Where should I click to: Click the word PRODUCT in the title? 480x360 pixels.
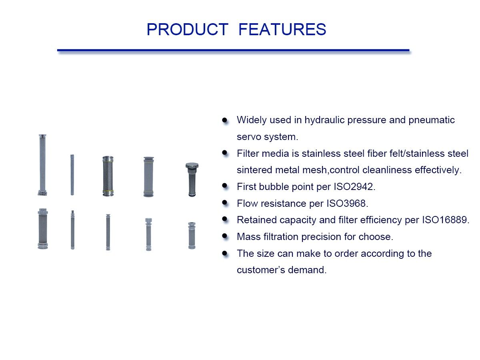(187, 30)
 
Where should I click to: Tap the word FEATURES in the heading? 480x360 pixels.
(282, 30)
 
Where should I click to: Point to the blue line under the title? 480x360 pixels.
(233, 50)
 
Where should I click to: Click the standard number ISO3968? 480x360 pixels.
(346, 203)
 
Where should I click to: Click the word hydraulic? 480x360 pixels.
(324, 120)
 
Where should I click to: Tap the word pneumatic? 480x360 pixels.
(432, 120)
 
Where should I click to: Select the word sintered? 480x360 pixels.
(254, 170)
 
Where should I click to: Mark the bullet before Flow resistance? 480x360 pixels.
(225, 203)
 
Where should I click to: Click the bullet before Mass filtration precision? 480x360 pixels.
(225, 236)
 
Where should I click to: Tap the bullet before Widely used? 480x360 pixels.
(225, 120)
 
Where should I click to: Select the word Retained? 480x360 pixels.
(254, 220)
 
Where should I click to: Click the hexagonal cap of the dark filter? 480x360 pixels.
(192, 166)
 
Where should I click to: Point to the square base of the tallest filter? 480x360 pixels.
(42, 194)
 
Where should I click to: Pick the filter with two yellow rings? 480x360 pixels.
(108, 176)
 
